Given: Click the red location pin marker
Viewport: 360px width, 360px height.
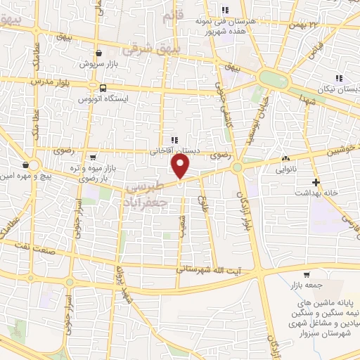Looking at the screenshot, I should click(181, 168).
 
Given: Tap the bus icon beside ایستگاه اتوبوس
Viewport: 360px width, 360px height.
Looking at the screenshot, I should click(104, 88).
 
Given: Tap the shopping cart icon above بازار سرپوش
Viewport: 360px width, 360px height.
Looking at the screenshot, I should click(99, 52).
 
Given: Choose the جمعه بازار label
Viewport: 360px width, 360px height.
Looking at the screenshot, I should click(305, 286).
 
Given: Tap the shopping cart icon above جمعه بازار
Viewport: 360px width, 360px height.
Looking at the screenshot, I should click(307, 275).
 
